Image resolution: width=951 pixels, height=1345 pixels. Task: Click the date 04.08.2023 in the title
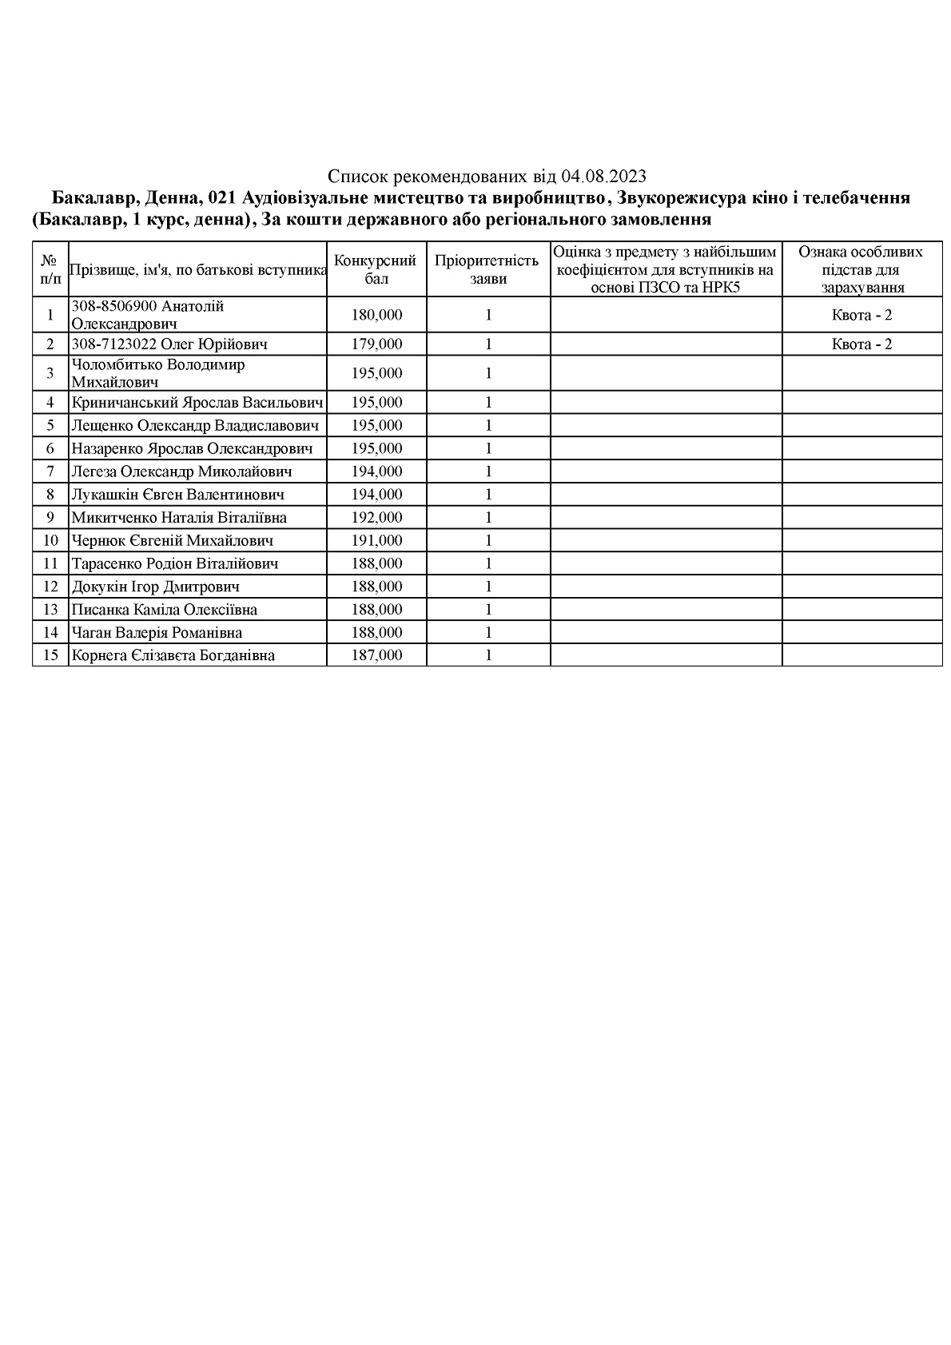604,177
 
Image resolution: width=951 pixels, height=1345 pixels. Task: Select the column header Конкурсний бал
376,270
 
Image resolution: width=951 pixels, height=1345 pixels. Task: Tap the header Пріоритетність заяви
487,270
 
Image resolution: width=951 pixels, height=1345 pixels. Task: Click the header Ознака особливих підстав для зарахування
861,270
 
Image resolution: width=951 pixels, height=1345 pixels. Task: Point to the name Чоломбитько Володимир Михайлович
158,373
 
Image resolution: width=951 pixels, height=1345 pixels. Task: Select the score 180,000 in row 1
376,315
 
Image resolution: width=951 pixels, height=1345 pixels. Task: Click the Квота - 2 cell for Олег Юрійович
861,344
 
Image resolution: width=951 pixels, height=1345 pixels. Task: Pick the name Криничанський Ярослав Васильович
197,403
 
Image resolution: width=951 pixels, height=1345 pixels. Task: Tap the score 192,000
376,518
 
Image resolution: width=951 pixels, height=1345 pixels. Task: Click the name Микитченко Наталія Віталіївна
179,518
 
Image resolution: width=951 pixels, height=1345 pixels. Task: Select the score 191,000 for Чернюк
376,541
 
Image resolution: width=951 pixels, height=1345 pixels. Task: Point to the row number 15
50,655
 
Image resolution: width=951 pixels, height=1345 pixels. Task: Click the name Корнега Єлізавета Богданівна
173,655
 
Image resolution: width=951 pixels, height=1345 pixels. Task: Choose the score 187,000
376,655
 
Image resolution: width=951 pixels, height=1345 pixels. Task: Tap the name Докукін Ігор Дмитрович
156,587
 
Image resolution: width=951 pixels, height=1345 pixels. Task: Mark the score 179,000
376,344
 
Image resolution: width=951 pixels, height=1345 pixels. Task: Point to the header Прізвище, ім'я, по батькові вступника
198,270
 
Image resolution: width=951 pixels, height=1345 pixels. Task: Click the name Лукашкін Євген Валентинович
177,495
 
